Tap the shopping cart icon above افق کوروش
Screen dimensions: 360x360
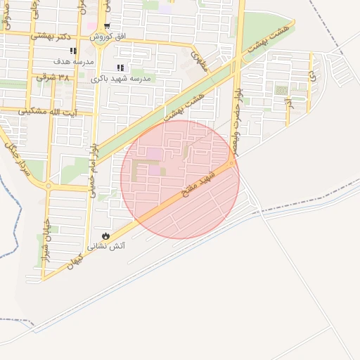coord(107,26)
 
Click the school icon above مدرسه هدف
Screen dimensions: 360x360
coord(72,51)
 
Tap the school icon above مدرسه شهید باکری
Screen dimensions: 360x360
coord(120,68)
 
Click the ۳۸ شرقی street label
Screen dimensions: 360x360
coord(55,77)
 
